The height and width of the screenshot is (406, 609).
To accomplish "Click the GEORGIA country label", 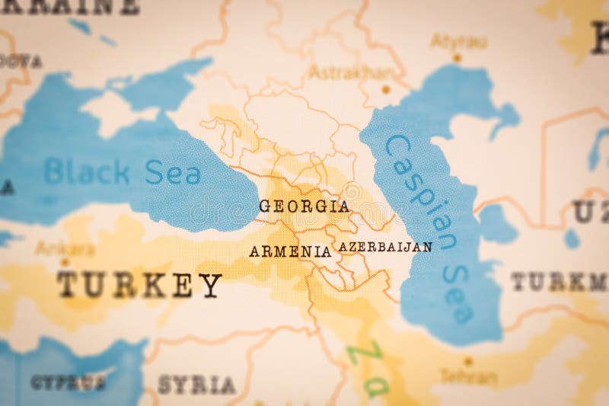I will click(304, 206).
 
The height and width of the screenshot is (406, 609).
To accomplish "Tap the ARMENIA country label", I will click(290, 251).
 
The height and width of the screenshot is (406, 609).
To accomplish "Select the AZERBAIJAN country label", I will click(385, 247).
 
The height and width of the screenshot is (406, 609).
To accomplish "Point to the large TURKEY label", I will click(139, 285).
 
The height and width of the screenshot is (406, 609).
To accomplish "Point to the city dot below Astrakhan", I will click(386, 89).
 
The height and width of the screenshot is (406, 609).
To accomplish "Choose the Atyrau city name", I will click(458, 41).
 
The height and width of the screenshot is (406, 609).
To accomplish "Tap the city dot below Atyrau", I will click(457, 57).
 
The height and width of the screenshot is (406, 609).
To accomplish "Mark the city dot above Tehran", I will click(468, 361).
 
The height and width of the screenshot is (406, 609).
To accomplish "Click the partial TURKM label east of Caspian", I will click(558, 282).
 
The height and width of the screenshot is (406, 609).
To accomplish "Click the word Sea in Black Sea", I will click(173, 173).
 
